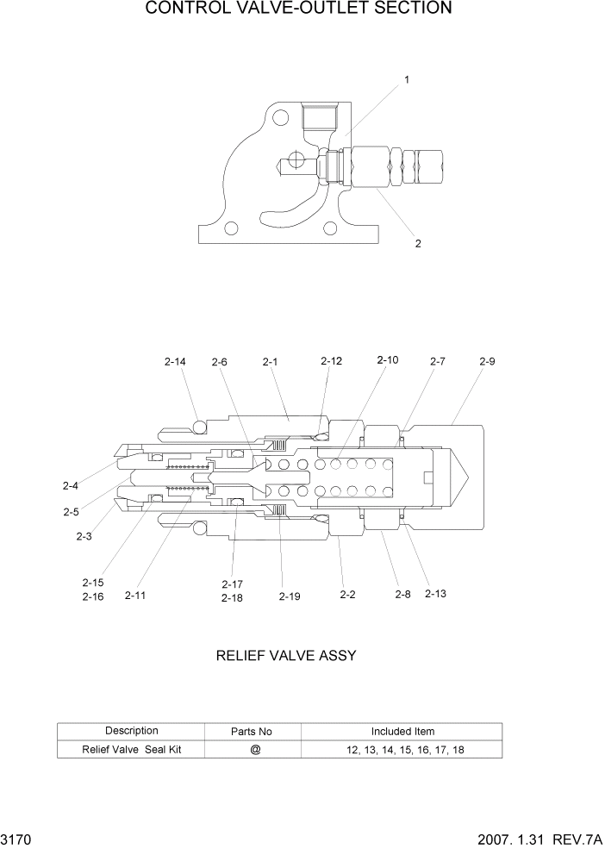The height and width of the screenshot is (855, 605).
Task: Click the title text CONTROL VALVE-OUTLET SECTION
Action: coord(298,9)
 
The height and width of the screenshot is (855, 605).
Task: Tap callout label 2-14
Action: coord(175,362)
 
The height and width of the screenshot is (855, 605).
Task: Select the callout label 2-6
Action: coord(219,363)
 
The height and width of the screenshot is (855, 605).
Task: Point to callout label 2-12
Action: coord(331,361)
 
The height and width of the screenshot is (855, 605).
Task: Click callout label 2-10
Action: coord(387,360)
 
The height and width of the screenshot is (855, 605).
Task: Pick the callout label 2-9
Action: coord(487,362)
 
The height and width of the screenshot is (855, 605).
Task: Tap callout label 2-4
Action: coord(71,485)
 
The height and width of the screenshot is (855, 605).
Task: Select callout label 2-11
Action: coord(136,595)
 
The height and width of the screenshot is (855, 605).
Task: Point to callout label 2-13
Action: coord(435,593)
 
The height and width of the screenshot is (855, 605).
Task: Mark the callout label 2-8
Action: coord(402,595)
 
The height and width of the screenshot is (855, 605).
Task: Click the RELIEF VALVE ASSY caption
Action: coord(285,656)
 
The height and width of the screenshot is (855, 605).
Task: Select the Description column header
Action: coord(132,731)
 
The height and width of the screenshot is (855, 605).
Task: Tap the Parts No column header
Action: coord(252,732)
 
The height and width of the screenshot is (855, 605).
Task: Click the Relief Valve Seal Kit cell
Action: coord(132,750)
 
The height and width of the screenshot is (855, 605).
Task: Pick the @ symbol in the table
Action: coord(255,750)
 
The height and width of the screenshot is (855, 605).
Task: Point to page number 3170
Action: coord(16,839)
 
